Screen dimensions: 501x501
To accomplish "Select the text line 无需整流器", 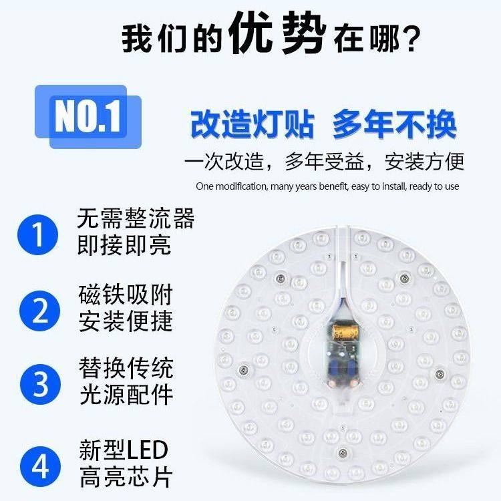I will [136, 218].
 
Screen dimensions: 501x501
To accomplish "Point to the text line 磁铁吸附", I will [125, 294].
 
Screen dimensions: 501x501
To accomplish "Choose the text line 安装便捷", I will [125, 321].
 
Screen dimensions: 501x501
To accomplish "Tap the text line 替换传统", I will [125, 368].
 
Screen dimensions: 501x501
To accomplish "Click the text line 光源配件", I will [125, 395].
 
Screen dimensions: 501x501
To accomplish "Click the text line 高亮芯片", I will [125, 476].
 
